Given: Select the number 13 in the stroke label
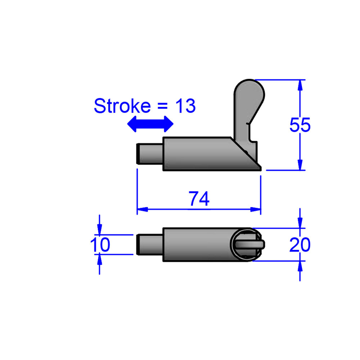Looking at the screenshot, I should pyautogui.click(x=185, y=106).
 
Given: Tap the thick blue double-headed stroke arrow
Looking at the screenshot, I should pyautogui.click(x=151, y=124).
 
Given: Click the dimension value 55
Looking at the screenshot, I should pyautogui.click(x=300, y=125).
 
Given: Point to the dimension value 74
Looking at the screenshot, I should pyautogui.click(x=199, y=199).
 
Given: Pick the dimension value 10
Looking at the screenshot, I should pyautogui.click(x=100, y=245).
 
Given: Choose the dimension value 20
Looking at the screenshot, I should pyautogui.click(x=300, y=245).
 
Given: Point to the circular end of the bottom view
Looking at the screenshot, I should pyautogui.click(x=245, y=244).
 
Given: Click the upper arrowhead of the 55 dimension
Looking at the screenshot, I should pyautogui.click(x=300, y=84).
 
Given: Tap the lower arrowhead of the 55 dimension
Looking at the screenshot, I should pyautogui.click(x=300, y=166).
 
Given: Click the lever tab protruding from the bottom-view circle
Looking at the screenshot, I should pyautogui.click(x=261, y=244).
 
